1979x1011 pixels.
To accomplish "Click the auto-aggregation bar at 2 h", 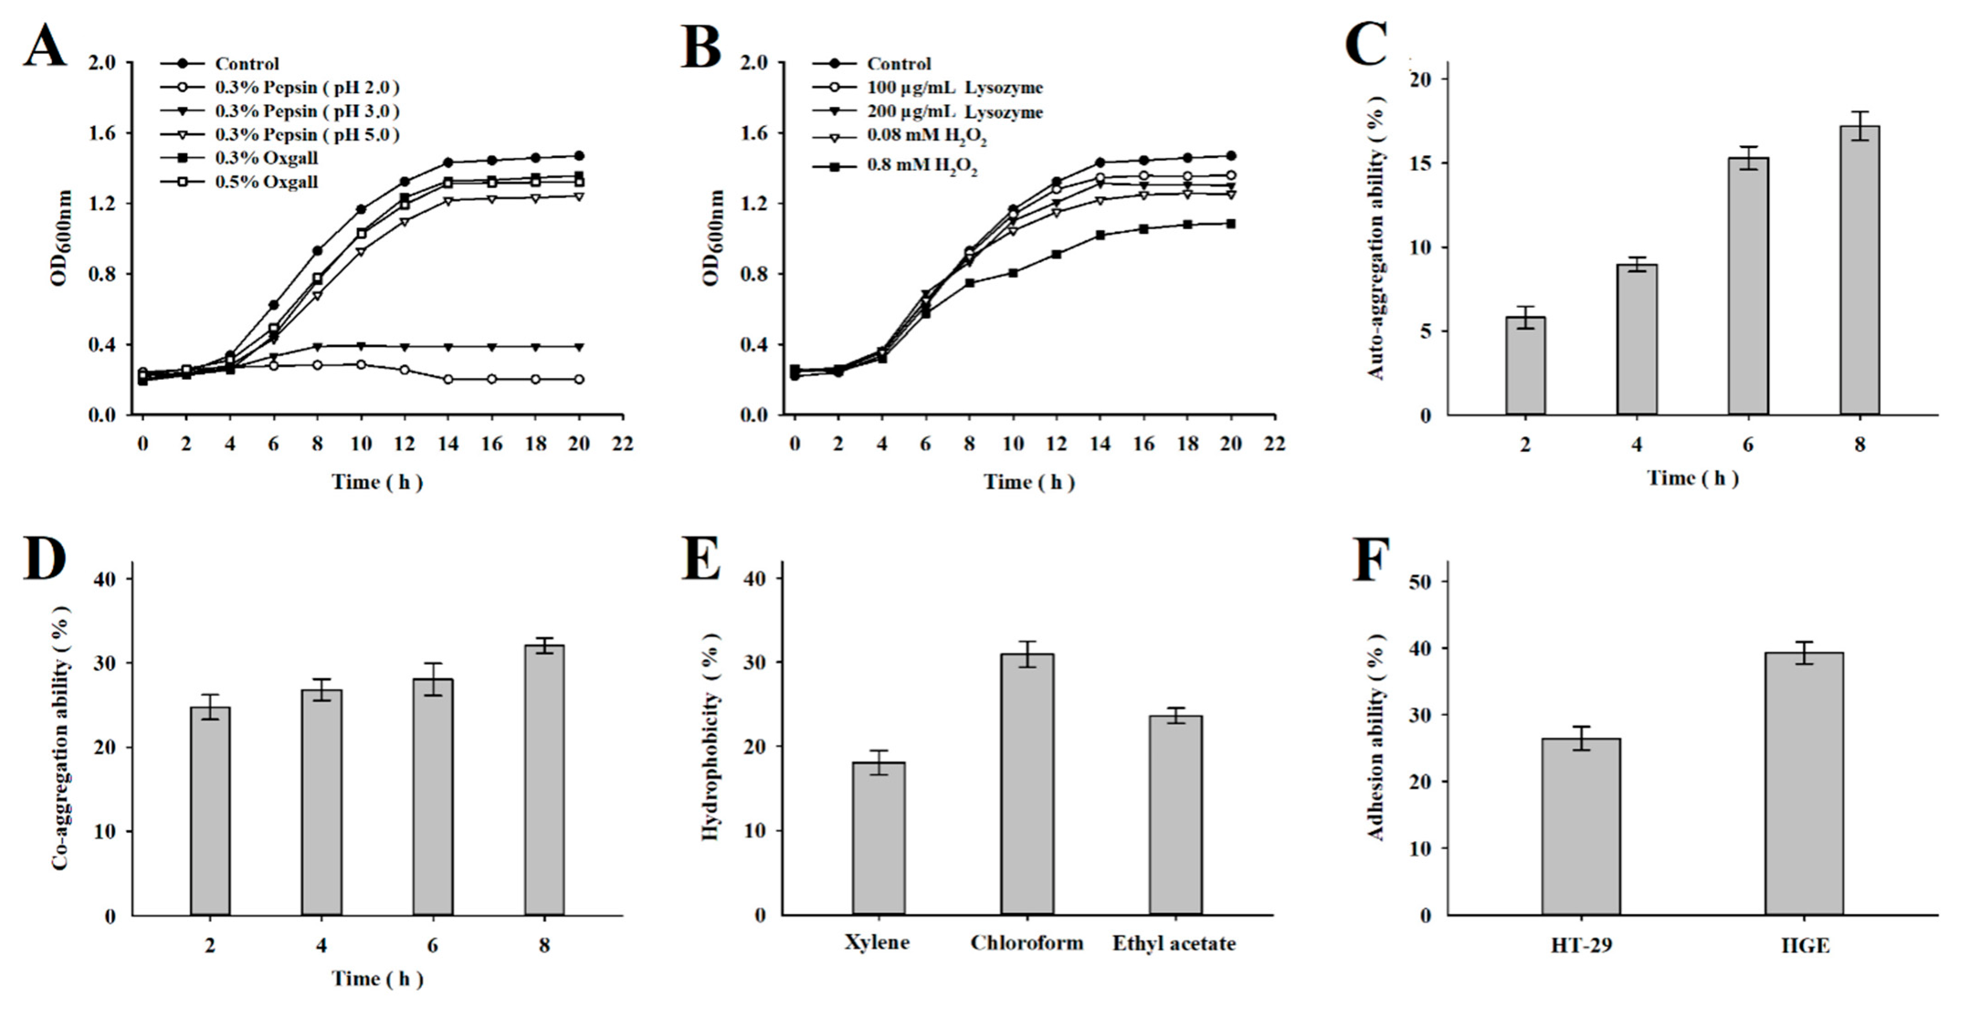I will click(1525, 366).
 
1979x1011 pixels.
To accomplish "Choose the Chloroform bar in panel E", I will click(1026, 784).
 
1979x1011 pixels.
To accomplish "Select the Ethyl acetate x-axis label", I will click(1174, 943).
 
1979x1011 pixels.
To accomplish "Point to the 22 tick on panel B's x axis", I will click(1274, 444).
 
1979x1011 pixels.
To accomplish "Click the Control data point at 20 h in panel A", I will click(579, 155).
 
